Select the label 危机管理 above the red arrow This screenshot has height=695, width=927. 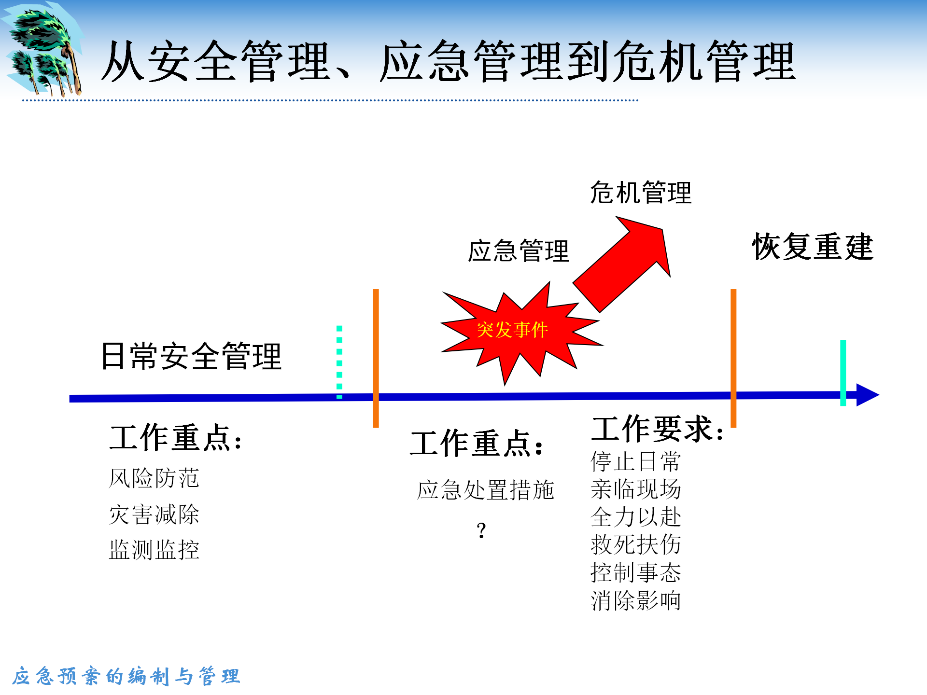click(x=641, y=193)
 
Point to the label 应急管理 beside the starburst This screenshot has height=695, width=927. click(x=519, y=251)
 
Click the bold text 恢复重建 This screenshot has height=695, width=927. click(x=813, y=247)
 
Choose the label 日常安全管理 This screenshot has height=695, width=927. click(x=191, y=356)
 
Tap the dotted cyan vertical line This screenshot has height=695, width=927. click(x=339, y=362)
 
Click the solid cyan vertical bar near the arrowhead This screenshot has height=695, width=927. click(x=843, y=373)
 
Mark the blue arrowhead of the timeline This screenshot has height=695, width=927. click(x=868, y=395)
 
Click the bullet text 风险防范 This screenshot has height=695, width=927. click(x=154, y=478)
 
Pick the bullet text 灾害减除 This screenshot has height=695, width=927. click(x=154, y=514)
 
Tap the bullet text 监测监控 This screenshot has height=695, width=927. click(x=154, y=550)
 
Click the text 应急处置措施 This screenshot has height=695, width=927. click(x=486, y=490)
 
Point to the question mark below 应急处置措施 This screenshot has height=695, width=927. click(x=481, y=530)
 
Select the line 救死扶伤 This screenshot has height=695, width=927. click(x=636, y=545)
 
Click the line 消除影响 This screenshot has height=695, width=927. click(x=636, y=601)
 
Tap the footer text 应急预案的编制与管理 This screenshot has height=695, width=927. click(x=126, y=676)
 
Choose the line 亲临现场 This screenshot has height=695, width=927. click(x=636, y=489)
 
